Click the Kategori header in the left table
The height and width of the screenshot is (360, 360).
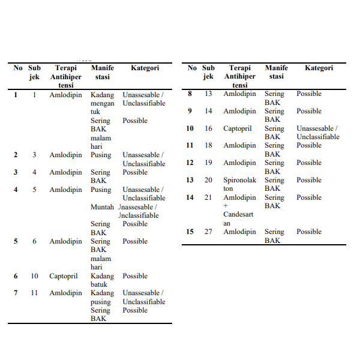tap(145, 68)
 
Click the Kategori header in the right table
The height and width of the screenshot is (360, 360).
tap(319, 68)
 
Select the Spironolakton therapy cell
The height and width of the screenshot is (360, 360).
tap(239, 184)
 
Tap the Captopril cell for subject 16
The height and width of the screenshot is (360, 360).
tap(238, 128)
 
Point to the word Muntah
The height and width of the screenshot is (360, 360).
tap(102, 207)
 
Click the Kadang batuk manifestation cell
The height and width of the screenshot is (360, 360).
tap(102, 280)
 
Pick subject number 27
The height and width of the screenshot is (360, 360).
tap(208, 232)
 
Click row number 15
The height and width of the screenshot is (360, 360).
tap(190, 232)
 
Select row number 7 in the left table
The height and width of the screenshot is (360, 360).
tap(16, 293)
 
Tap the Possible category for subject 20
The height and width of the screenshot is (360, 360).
tap(309, 180)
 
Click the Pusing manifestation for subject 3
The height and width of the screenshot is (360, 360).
tap(101, 155)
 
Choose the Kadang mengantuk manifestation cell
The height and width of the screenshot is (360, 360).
tap(103, 103)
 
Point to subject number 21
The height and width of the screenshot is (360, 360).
tap(208, 197)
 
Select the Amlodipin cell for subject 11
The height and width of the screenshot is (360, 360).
tap(66, 293)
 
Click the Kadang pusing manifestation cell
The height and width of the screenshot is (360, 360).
tap(102, 298)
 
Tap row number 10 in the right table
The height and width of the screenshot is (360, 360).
tap(190, 128)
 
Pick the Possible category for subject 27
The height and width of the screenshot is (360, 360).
tap(309, 232)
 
